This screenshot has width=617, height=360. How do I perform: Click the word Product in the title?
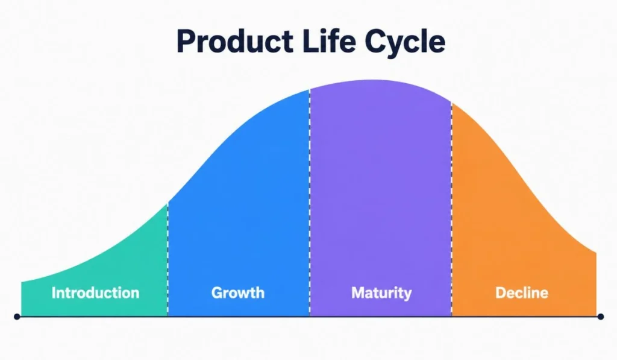point(235,41)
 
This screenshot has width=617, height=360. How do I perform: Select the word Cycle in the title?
point(405,43)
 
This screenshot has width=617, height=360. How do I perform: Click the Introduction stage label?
point(95,292)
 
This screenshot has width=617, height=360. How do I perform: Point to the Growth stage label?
point(237,292)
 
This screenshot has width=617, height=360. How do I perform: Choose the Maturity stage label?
point(381,293)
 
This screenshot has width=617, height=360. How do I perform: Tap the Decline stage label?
point(521,292)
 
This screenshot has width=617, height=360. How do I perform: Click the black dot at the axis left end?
point(17,317)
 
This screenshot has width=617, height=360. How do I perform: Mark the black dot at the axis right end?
point(601,317)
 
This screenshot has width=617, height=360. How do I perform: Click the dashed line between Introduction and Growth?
point(168,259)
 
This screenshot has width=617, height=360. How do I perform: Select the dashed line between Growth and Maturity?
point(310,203)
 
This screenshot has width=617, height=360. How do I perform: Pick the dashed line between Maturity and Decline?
point(452,209)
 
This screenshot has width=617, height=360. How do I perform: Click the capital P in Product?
point(186,42)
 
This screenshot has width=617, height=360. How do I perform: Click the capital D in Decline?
point(501,292)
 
